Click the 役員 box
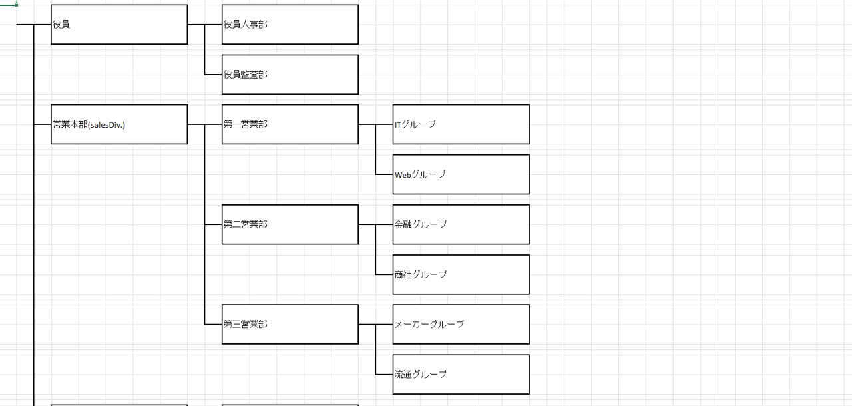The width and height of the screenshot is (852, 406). point(119,25)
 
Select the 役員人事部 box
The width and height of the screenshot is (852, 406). point(290,25)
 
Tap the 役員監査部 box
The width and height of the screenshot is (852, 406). point(290,75)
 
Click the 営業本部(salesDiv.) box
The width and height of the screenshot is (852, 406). point(119,124)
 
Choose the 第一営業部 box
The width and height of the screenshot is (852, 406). point(290,124)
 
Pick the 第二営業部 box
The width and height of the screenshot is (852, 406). point(290,224)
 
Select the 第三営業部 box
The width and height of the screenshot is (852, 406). point(290,324)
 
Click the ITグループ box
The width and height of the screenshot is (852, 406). point(461,124)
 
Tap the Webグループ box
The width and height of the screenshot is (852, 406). point(461,174)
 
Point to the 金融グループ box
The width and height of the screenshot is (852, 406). point(461,224)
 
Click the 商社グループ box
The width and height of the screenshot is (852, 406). point(461,274)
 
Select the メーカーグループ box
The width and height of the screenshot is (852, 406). point(461,324)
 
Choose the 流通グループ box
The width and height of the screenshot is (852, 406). point(461,374)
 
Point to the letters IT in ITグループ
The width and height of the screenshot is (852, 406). point(398,124)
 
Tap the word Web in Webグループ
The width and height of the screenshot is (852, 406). point(403,174)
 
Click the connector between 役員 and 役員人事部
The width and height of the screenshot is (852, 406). point(196,25)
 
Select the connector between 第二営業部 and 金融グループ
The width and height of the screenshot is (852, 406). point(367,224)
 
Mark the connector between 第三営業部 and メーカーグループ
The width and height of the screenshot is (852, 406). point(367,324)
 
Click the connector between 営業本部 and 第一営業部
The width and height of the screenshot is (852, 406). point(196,124)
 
